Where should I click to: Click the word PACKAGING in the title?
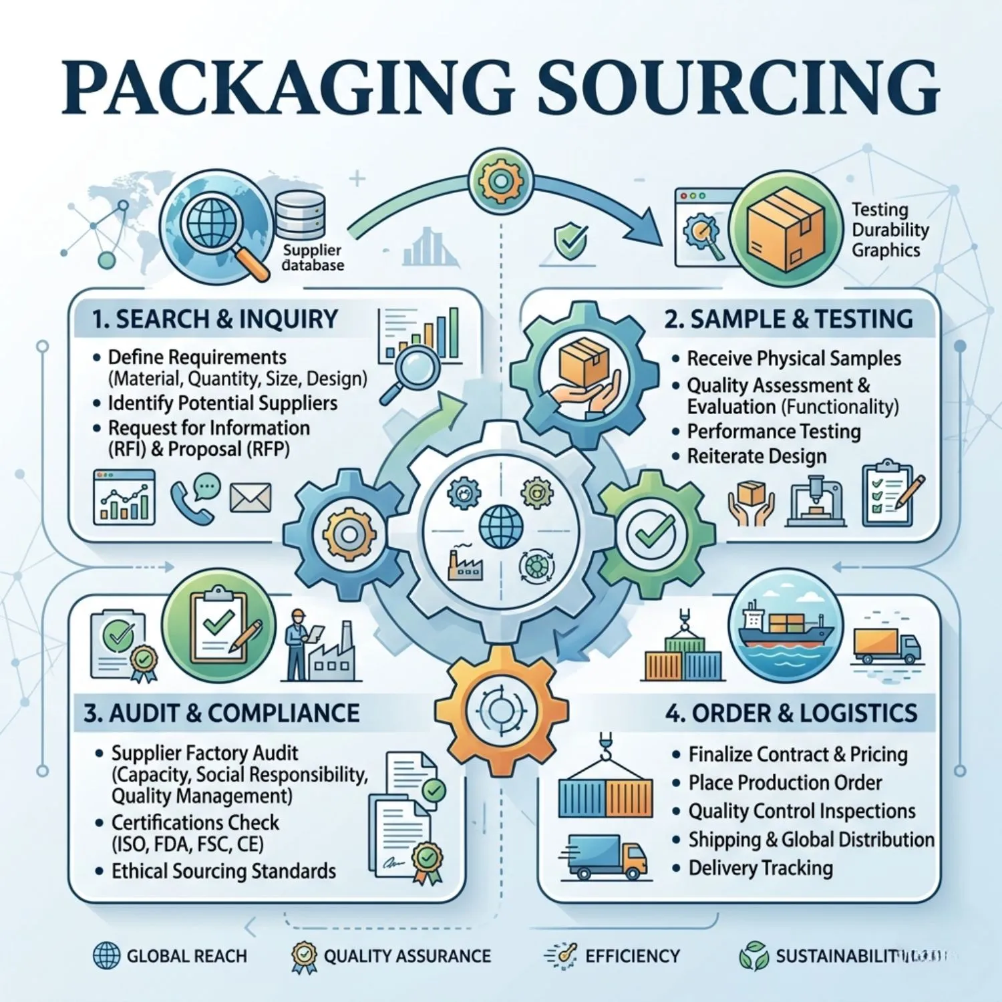288,88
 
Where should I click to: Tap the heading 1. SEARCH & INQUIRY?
215,319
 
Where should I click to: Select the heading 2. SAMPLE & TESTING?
788,319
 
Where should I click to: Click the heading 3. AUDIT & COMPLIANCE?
222,713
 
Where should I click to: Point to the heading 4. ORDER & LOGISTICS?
792,713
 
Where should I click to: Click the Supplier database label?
313,257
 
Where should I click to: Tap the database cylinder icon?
301,214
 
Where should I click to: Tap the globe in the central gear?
501,526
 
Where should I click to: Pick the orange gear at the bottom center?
501,710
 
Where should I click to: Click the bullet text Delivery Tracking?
761,868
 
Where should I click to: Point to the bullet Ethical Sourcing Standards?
224,871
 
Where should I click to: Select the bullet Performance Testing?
774,432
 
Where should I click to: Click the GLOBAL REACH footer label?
187,956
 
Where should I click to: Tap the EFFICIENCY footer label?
633,956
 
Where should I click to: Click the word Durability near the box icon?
890,230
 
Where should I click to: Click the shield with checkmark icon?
572,241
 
